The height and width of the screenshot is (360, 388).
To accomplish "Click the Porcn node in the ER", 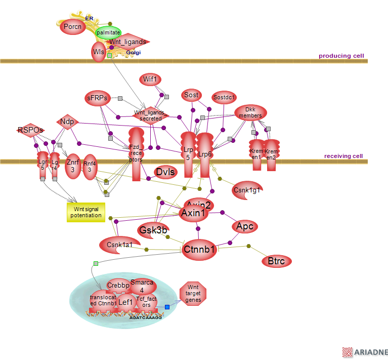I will [73, 27].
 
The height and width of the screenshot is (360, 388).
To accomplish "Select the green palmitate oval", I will [108, 32].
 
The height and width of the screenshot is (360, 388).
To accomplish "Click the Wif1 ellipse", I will [150, 79].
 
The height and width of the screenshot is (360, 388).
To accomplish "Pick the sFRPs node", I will [97, 98].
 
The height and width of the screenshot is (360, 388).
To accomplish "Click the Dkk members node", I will [250, 112].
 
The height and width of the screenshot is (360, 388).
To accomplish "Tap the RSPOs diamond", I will [30, 130].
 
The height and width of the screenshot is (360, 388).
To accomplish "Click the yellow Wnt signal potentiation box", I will [86, 212].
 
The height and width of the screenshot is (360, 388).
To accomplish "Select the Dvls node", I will [165, 172].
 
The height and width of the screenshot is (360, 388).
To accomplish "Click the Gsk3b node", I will [153, 229].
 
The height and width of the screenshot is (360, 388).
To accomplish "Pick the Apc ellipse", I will [245, 226].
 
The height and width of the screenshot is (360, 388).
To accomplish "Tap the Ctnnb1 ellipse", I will [199, 249].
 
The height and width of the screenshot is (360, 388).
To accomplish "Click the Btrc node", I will [276, 261].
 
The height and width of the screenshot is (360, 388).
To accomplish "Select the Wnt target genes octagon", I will [193, 293].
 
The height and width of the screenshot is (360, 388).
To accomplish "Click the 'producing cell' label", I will [341, 56].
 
